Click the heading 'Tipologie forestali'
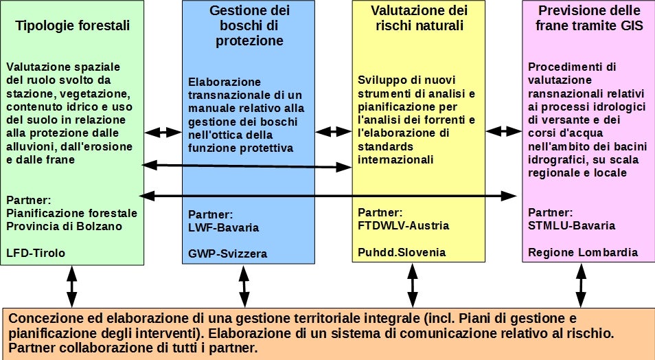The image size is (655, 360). click(73, 26)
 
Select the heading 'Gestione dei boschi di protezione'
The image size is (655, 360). click(249, 25)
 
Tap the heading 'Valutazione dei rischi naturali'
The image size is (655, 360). click(419, 19)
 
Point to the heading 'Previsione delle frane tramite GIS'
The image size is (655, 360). click(589, 19)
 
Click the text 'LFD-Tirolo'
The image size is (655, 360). click(36, 253)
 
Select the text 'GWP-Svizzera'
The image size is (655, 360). click(227, 254)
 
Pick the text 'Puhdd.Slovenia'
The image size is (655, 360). click(402, 252)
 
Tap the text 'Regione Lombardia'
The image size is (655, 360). click(583, 252)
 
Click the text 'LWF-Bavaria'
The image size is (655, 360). click(224, 227)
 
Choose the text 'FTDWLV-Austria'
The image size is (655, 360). click(403, 225)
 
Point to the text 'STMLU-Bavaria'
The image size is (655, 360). click(572, 225)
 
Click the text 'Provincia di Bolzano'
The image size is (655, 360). click(64, 226)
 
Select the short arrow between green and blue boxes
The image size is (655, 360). click(163, 132)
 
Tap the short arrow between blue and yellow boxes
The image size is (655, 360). click(334, 132)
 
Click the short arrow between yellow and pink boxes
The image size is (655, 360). click(504, 132)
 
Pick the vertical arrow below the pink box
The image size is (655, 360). click(582, 285)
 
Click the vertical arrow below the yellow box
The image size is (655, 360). click(412, 285)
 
